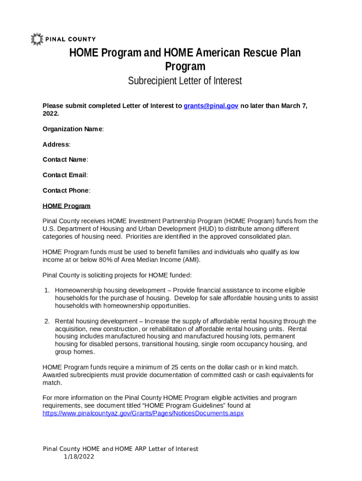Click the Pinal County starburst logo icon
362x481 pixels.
coord(37,39)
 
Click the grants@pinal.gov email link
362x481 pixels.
coord(211,106)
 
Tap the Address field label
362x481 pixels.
coord(56,144)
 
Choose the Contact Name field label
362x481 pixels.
coord(65,160)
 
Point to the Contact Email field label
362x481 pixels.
coord(65,175)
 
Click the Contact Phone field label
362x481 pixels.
coord(66,191)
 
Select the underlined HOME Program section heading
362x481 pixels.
coord(66,206)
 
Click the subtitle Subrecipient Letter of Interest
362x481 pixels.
coord(185,81)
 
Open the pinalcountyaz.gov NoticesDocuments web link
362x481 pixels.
coord(143,414)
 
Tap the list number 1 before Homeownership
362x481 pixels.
coord(47,291)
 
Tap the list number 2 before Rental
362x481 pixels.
coord(47,321)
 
